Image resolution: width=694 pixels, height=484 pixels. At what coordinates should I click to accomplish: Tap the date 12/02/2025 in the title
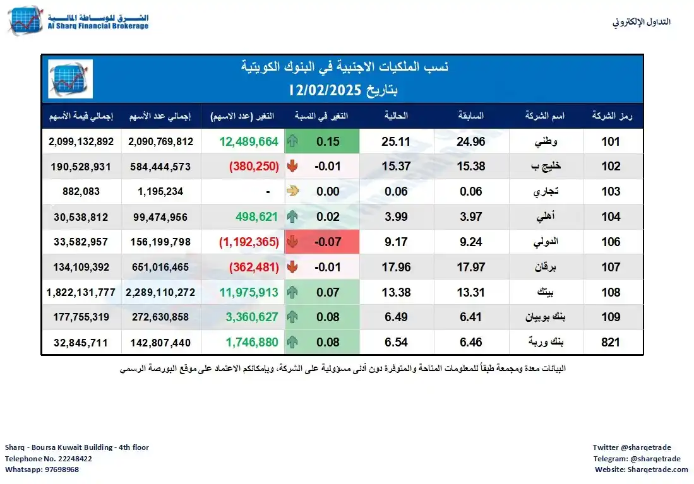(x=344, y=90)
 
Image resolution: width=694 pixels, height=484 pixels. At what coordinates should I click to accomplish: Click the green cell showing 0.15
(x=328, y=142)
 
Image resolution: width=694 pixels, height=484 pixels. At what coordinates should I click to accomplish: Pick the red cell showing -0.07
(x=328, y=242)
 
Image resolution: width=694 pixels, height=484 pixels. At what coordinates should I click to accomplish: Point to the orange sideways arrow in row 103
(x=292, y=192)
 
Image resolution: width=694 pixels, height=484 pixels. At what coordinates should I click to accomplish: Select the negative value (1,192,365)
(x=249, y=242)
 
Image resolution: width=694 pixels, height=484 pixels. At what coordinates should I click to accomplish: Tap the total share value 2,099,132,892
(x=81, y=142)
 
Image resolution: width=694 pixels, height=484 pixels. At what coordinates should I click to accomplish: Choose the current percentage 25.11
(x=396, y=142)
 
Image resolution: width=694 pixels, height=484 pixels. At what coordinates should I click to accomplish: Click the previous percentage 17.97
(x=471, y=267)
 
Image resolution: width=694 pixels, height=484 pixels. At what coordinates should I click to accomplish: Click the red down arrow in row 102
(x=292, y=167)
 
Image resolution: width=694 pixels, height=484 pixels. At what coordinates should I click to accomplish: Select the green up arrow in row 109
(x=292, y=317)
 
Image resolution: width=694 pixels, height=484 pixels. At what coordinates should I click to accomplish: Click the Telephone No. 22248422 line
(x=49, y=459)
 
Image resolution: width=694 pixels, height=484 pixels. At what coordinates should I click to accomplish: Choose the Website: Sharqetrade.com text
(x=641, y=470)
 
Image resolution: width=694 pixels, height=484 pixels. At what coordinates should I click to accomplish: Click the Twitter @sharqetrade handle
(x=636, y=447)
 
